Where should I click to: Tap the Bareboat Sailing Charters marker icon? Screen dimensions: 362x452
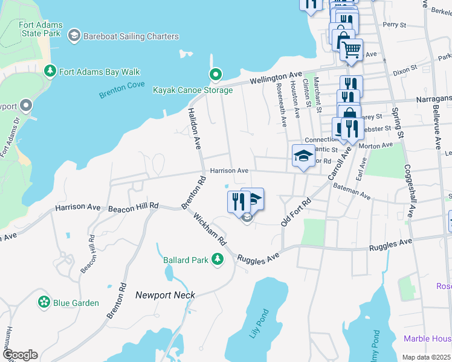tap(74, 36)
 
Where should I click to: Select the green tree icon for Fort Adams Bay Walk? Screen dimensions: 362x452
tap(50, 72)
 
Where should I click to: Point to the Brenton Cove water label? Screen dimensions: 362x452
tap(122, 90)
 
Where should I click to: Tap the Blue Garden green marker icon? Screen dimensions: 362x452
tap(44, 302)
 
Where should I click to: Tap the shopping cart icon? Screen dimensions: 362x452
tap(351, 49)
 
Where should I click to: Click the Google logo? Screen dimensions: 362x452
tap(19, 355)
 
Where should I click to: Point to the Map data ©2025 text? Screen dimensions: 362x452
tap(425, 357)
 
